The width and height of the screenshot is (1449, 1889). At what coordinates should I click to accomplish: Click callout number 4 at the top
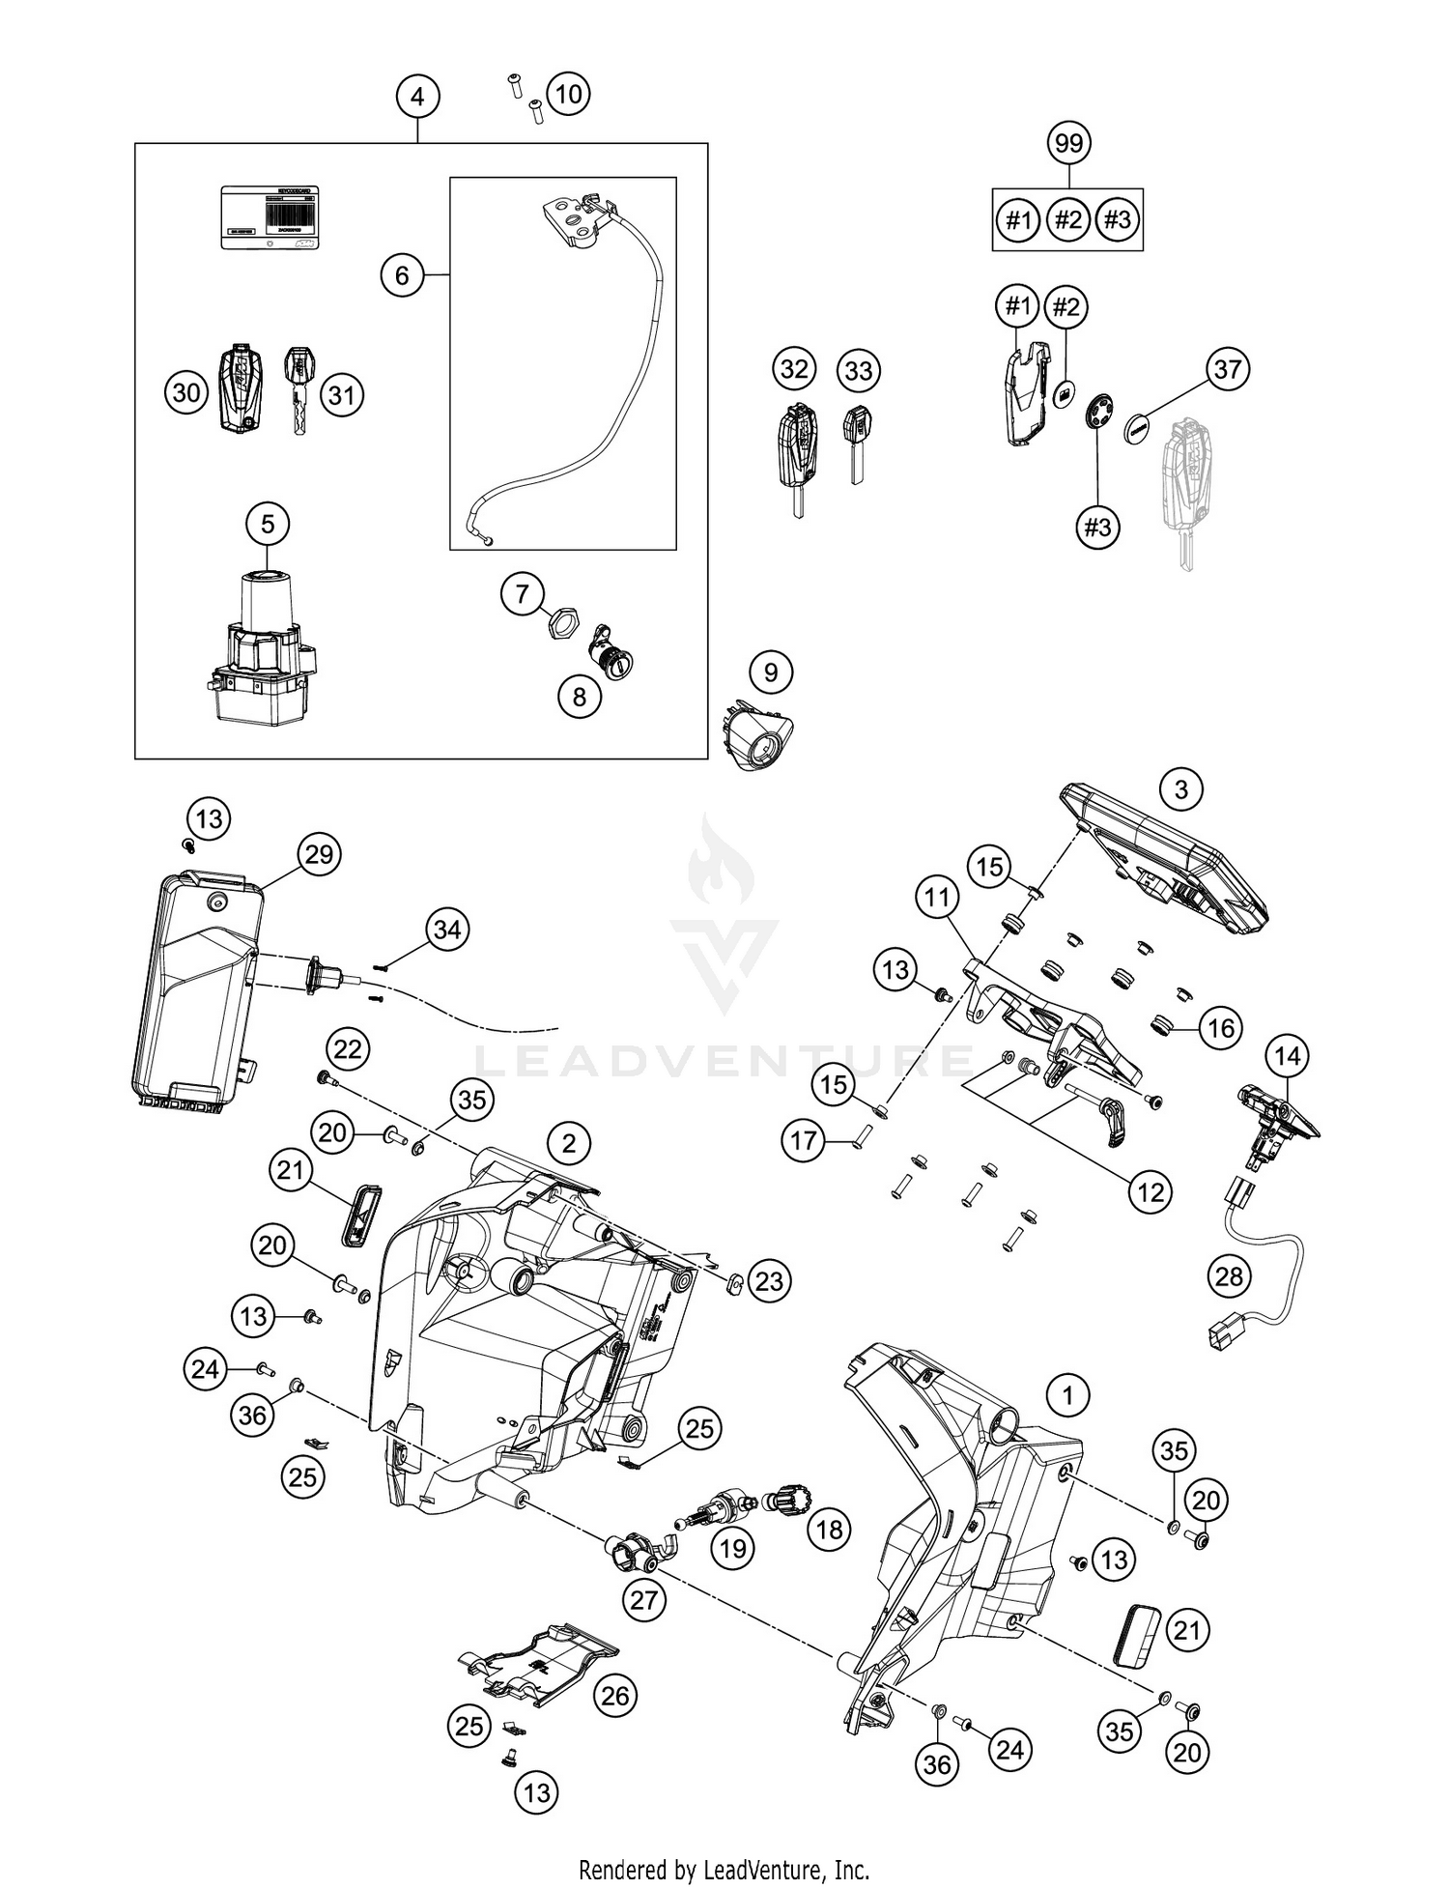pyautogui.click(x=417, y=97)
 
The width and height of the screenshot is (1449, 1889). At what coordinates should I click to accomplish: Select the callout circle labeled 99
pyautogui.click(x=1067, y=143)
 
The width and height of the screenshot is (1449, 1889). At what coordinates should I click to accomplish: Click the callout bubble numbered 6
pyautogui.click(x=402, y=276)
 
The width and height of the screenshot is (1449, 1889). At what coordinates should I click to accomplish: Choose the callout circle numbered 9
pyautogui.click(x=770, y=672)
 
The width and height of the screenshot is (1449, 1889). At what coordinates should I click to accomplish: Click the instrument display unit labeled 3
pyautogui.click(x=1164, y=860)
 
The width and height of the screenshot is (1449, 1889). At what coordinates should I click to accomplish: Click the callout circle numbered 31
pyautogui.click(x=341, y=394)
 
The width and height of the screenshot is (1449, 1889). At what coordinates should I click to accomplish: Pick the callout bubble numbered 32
pyautogui.click(x=794, y=369)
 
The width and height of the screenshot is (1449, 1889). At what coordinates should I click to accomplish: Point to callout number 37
pyautogui.click(x=1227, y=369)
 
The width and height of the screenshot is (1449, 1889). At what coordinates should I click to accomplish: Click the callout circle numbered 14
pyautogui.click(x=1288, y=1057)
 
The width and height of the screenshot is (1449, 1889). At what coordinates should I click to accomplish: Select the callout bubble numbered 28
pyautogui.click(x=1229, y=1276)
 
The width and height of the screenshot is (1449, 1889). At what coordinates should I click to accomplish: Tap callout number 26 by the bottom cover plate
pyautogui.click(x=615, y=1695)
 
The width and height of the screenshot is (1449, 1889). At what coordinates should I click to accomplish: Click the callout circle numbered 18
pyautogui.click(x=829, y=1530)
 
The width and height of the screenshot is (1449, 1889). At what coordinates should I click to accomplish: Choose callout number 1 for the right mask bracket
pyautogui.click(x=1067, y=1395)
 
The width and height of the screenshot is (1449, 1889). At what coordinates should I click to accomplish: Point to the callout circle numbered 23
pyautogui.click(x=769, y=1281)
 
